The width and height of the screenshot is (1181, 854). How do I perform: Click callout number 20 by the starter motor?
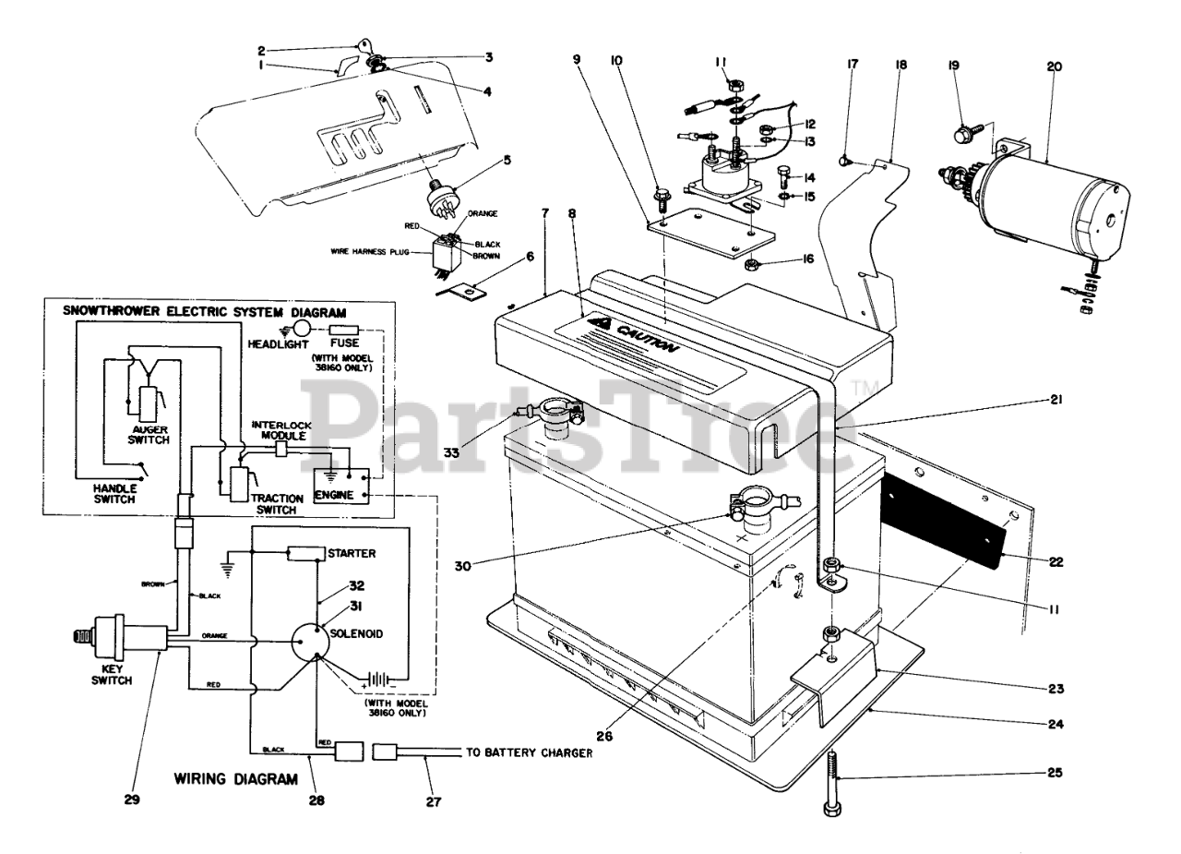click(x=1055, y=66)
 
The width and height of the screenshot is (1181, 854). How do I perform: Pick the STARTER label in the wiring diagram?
click(x=352, y=553)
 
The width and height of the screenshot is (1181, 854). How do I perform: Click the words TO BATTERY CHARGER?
click(x=529, y=753)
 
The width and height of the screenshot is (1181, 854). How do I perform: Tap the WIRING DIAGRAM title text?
click(x=236, y=779)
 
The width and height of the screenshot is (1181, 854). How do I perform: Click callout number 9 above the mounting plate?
click(x=576, y=60)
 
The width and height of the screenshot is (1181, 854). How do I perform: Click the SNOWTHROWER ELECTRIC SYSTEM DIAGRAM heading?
click(x=205, y=312)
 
